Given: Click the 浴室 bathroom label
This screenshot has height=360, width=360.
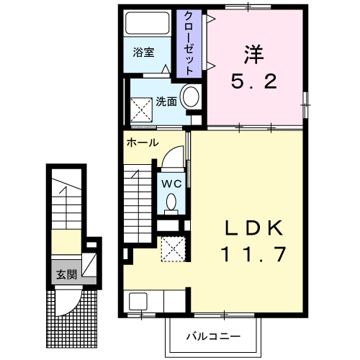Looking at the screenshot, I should [143, 53].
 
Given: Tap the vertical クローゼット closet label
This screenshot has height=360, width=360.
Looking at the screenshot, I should [188, 43].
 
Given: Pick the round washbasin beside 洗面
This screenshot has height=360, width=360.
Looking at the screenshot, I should [191, 98].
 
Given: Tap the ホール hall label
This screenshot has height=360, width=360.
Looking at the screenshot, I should [143, 143].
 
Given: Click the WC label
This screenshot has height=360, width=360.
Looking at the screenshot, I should [171, 183].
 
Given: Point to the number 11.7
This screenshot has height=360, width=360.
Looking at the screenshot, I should [253, 253].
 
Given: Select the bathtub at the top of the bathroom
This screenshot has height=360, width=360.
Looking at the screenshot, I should [147, 24].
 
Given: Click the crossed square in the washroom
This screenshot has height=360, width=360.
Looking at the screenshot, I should [141, 109].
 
